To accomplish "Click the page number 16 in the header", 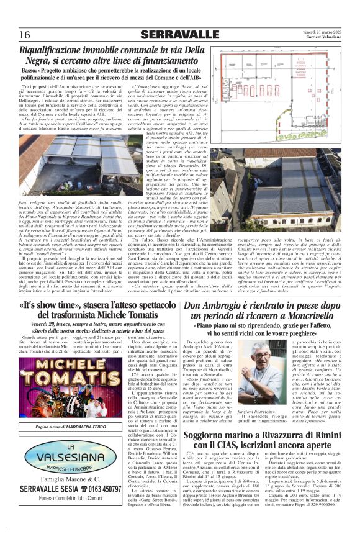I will pyautogui.click(x=25, y=34).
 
